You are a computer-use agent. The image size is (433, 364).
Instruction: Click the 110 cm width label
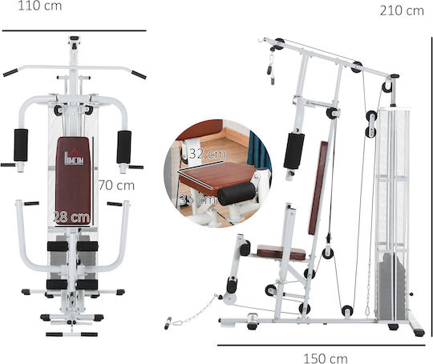(40, 6)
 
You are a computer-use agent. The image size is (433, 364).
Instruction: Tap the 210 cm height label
(402, 11)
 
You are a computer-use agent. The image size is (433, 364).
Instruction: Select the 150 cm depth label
(326, 358)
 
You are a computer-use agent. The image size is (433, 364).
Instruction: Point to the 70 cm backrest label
(116, 185)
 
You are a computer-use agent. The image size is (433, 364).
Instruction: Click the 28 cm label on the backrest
(72, 217)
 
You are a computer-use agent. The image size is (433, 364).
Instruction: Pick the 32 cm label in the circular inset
(208, 154)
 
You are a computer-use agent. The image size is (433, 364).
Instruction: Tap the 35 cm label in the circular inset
(198, 200)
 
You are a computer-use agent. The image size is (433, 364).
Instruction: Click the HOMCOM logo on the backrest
(74, 158)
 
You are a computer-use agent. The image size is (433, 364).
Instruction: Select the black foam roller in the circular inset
(237, 193)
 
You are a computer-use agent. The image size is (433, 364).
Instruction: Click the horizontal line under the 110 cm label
(74, 30)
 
